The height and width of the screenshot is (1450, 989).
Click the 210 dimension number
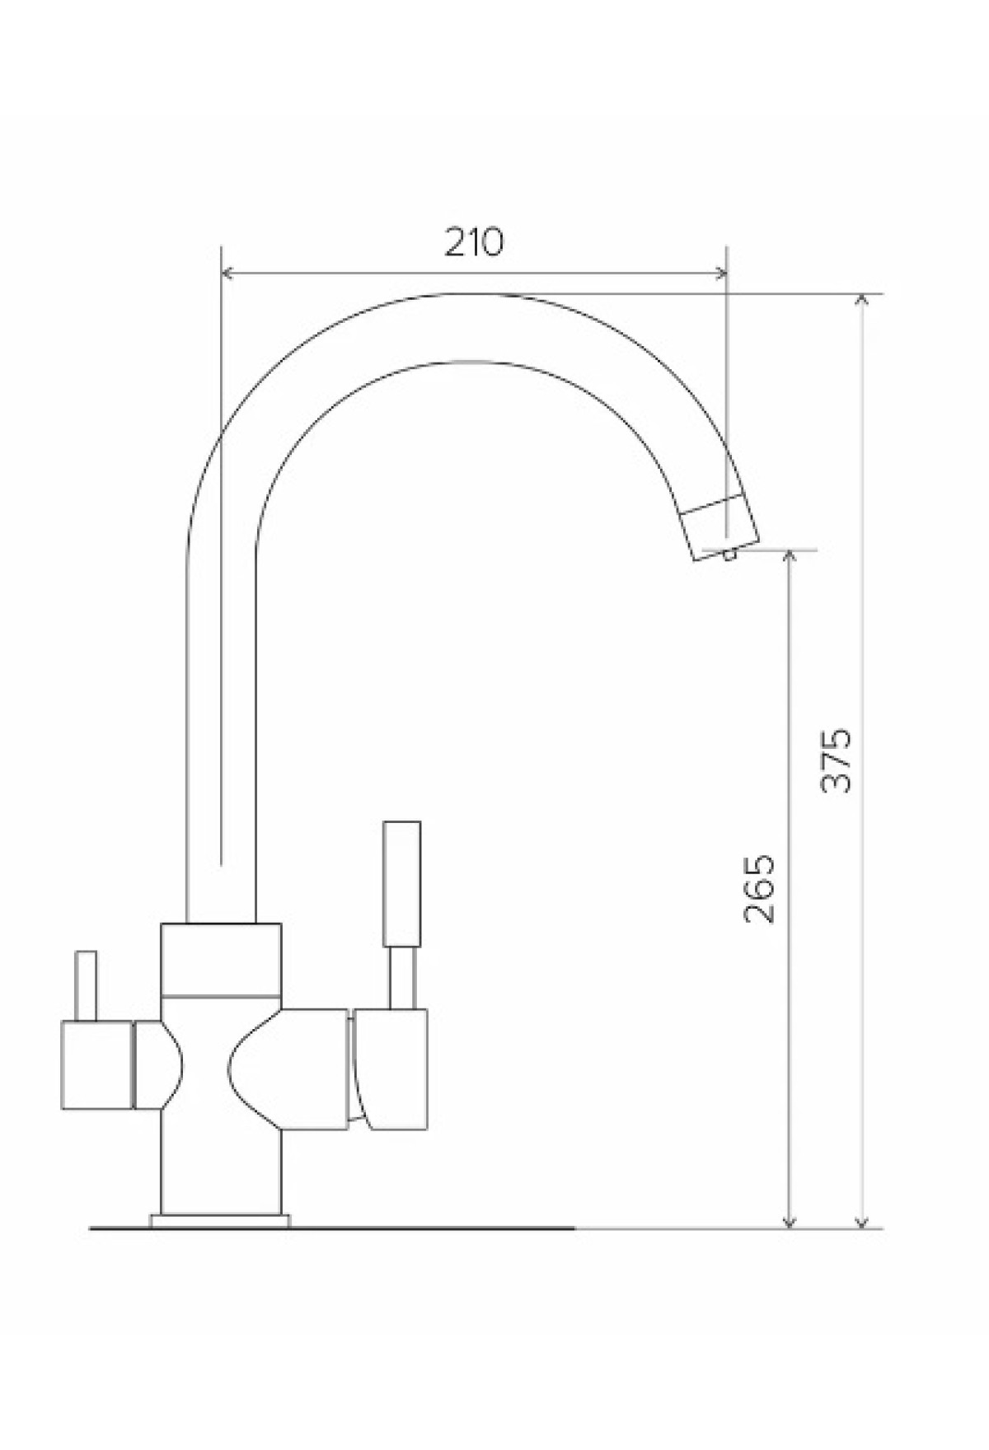473,241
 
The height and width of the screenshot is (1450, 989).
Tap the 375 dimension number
837,759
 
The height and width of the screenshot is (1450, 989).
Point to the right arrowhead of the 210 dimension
718,272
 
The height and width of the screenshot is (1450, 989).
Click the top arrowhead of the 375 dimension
862,302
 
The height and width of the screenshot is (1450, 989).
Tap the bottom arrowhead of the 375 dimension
862,1219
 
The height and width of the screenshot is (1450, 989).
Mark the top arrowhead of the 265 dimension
790,559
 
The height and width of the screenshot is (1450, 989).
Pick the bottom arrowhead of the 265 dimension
790,1219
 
